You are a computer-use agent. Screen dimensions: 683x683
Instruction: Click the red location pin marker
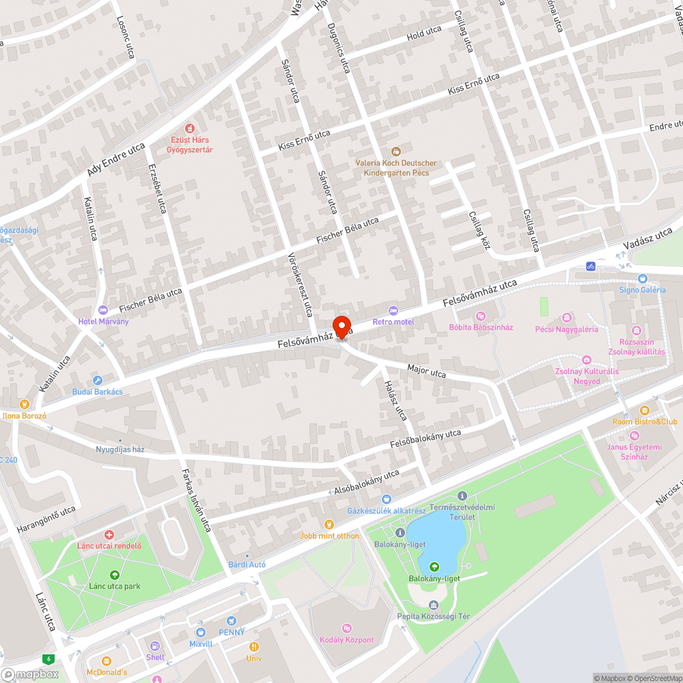coord(341,325)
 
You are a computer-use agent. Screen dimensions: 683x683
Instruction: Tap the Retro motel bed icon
coord(393,311)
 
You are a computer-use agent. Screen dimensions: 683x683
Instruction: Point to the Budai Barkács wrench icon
coord(98,380)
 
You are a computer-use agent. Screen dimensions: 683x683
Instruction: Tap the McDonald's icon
coord(106,660)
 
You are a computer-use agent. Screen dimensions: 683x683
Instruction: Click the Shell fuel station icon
coord(155,645)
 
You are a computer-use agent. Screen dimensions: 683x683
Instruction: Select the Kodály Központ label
coord(347,640)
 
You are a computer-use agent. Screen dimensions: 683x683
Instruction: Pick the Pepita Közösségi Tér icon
coord(434,605)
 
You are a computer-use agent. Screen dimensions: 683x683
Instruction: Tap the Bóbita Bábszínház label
coord(481,327)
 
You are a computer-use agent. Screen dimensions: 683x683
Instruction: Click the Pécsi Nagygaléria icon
coord(566,318)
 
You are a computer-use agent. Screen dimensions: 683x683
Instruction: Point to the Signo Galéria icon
coord(642,279)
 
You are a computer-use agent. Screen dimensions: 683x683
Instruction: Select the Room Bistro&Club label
coord(645,421)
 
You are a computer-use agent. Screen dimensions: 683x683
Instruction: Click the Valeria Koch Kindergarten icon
coord(395,151)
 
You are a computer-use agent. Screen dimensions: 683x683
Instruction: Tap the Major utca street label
coord(426,372)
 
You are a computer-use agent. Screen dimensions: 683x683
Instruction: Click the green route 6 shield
coord(48,659)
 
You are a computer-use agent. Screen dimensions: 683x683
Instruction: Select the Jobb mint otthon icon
coord(329,525)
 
